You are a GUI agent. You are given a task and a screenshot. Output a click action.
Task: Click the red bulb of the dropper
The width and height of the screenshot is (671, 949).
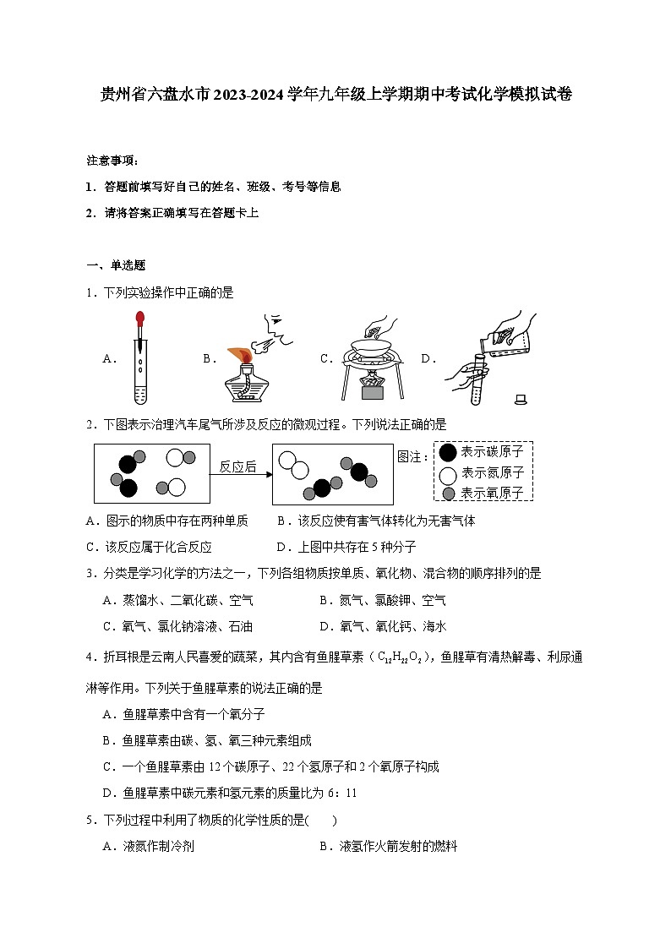pyautogui.click(x=139, y=321)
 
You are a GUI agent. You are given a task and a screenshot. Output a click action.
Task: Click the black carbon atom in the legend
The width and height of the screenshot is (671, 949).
pyautogui.click(x=448, y=453)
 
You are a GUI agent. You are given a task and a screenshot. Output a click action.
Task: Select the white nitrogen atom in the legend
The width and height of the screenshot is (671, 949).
pyautogui.click(x=448, y=473)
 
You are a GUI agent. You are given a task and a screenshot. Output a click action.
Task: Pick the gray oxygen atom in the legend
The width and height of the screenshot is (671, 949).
pyautogui.click(x=448, y=493)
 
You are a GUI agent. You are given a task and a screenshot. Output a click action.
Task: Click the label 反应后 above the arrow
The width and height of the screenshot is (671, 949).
pyautogui.click(x=237, y=466)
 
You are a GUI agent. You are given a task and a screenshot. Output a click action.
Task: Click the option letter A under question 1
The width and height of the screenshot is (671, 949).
pyautogui.click(x=108, y=359)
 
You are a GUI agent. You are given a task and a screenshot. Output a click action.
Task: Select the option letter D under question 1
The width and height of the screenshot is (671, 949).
pyautogui.click(x=428, y=359)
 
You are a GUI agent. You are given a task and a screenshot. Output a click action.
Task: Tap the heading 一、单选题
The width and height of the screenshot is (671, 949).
pyautogui.click(x=116, y=265)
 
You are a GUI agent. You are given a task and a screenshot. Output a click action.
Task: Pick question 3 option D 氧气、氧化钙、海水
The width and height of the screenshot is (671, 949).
pyautogui.click(x=393, y=626)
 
